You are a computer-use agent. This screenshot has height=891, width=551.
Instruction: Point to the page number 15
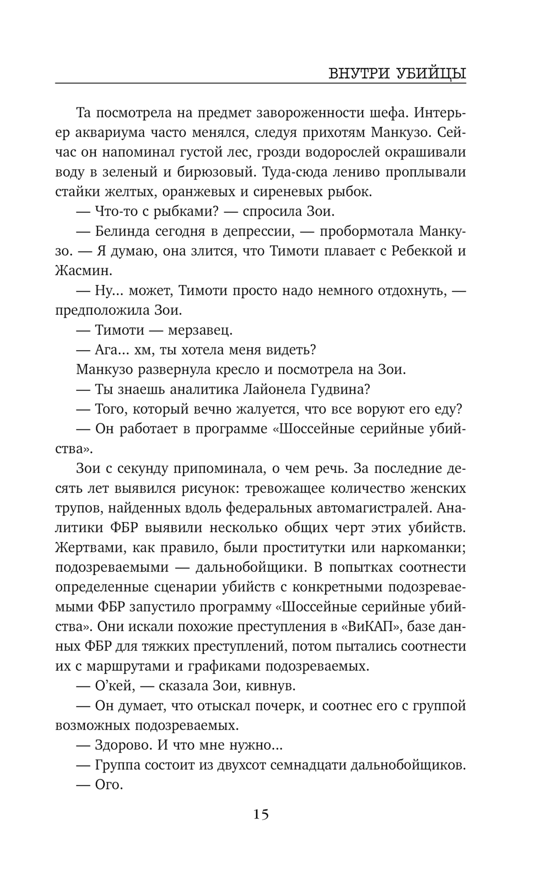point(261,814)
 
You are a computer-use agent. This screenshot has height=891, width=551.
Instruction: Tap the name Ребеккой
point(422,251)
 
